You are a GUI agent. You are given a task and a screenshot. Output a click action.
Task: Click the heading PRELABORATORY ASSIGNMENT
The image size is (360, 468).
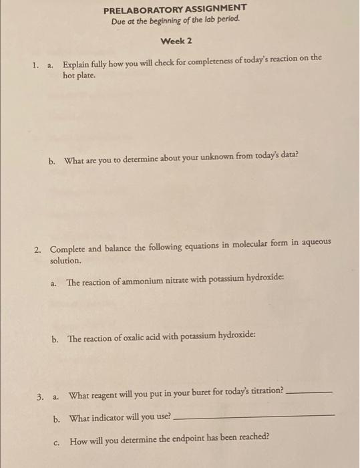tap(175, 9)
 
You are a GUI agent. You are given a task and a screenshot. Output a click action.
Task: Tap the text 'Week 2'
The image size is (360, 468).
tap(176, 41)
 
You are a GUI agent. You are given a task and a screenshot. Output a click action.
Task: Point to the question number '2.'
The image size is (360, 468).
tap(39, 249)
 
